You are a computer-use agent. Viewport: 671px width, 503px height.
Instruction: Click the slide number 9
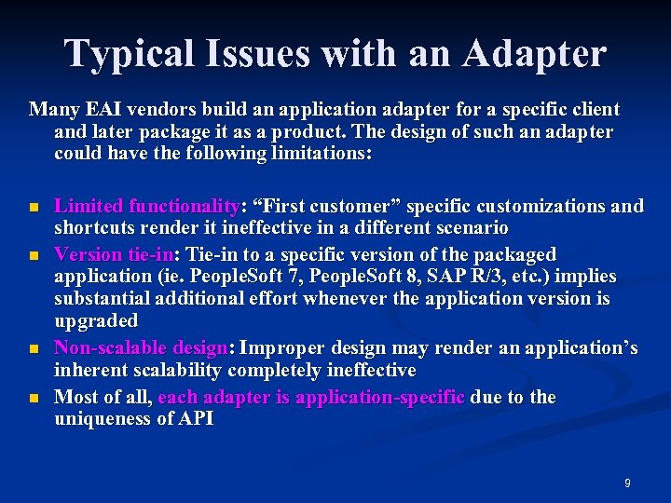627,483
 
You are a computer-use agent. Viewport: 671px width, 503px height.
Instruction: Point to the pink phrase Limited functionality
147,207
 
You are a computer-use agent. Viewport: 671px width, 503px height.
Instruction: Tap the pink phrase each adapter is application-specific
311,398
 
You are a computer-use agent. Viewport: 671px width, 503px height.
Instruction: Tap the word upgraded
96,321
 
